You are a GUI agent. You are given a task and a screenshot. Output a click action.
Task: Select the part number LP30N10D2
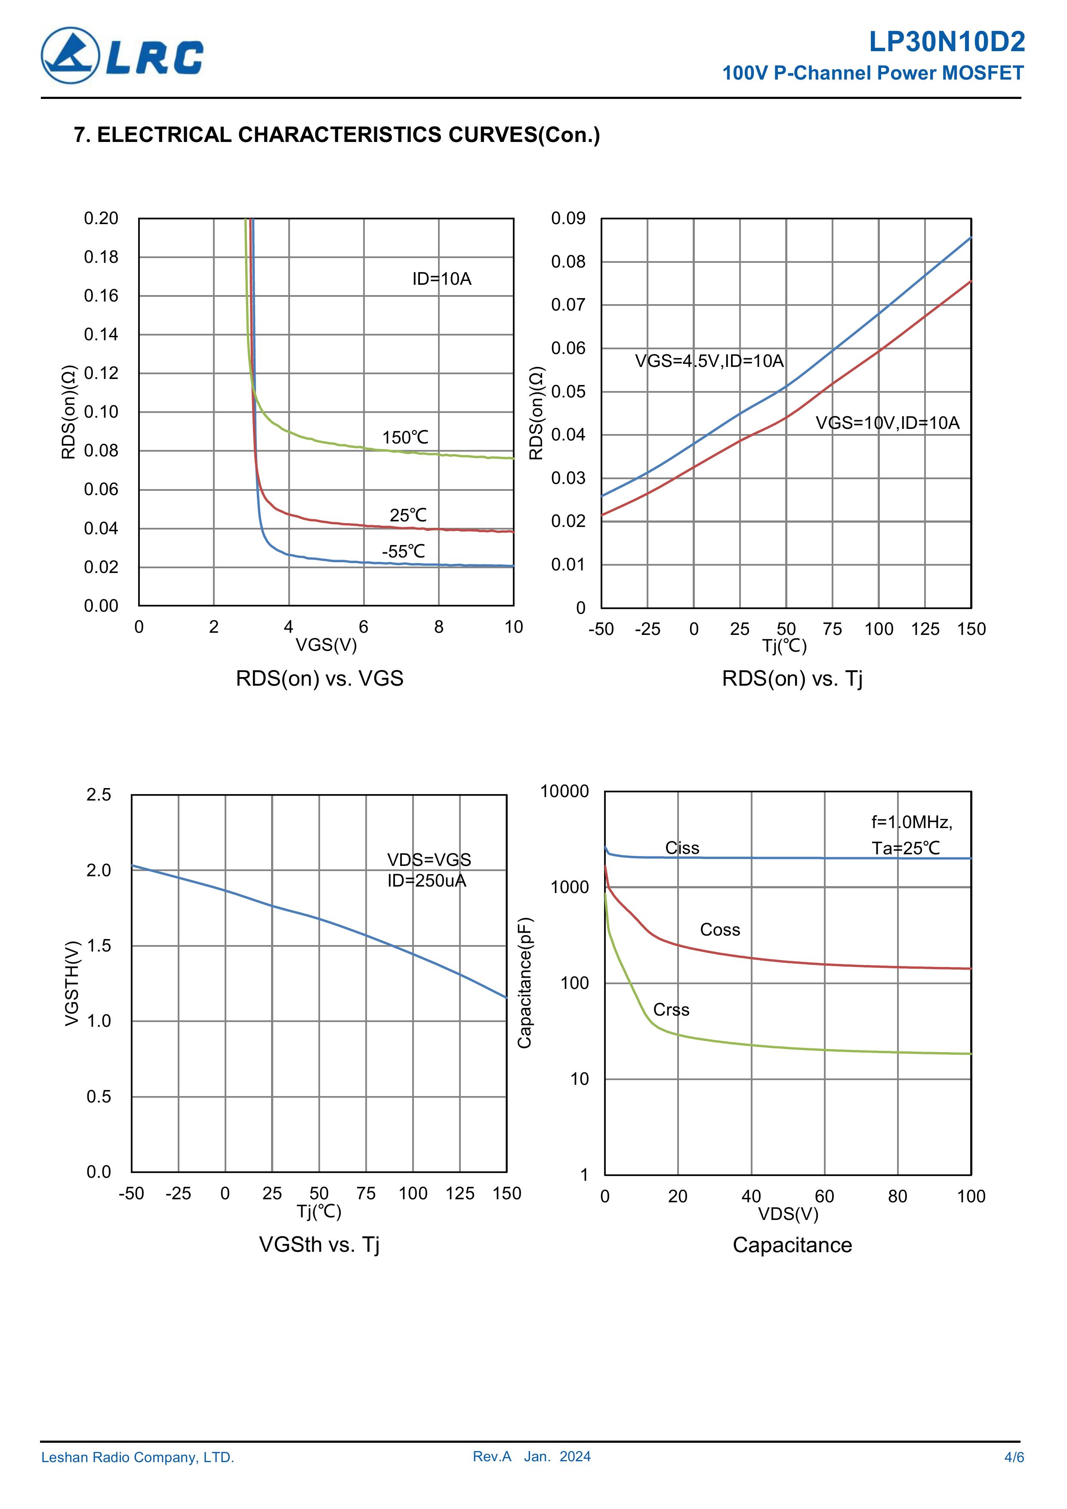946,42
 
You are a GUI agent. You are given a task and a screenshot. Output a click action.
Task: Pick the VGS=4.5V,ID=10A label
709,361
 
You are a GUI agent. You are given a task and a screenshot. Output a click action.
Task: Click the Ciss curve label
682,848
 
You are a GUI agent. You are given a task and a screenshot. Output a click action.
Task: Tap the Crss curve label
671,1010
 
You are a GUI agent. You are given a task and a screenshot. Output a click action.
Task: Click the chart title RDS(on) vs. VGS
320,678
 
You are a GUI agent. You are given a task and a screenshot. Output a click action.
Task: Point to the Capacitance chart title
792,1245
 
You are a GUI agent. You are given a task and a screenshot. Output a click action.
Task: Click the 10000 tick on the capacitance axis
564,791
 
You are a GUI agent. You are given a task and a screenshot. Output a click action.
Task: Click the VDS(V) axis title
788,1214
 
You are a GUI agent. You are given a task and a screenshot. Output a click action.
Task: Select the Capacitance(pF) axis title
524,982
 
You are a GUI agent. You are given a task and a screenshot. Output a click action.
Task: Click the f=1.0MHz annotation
911,822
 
